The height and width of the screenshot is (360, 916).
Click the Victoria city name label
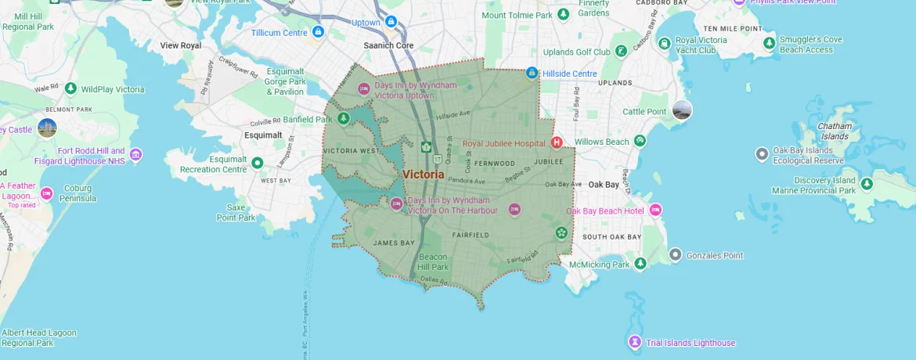(x=423, y=175)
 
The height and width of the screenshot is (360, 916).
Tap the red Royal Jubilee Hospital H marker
(x=557, y=142)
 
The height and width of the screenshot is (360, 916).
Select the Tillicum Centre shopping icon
(x=318, y=32)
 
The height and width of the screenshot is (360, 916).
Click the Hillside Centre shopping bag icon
(x=532, y=73)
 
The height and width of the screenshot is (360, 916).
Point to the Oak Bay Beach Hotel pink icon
(x=655, y=211)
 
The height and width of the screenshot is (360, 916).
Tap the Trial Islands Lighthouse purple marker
(x=635, y=342)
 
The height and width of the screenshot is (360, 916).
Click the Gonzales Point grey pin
(x=676, y=255)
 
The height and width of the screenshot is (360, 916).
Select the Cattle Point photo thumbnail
(x=682, y=110)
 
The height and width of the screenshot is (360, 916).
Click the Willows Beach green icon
(x=640, y=141)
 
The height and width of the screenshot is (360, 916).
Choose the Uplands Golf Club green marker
(x=621, y=52)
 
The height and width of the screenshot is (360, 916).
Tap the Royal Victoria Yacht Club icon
(x=664, y=44)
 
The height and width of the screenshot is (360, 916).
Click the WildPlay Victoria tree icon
(x=70, y=89)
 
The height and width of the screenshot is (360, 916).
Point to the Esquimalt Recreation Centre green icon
(x=258, y=164)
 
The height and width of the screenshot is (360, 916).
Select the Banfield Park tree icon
(x=343, y=119)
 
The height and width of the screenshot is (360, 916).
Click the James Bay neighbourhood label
(x=394, y=243)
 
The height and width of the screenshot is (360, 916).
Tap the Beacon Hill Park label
(x=433, y=261)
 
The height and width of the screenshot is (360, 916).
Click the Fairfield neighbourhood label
(x=471, y=235)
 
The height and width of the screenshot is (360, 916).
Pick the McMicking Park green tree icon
(x=640, y=264)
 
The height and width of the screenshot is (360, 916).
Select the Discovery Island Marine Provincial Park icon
(x=867, y=184)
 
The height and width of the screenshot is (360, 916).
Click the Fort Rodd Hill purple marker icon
(x=136, y=155)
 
